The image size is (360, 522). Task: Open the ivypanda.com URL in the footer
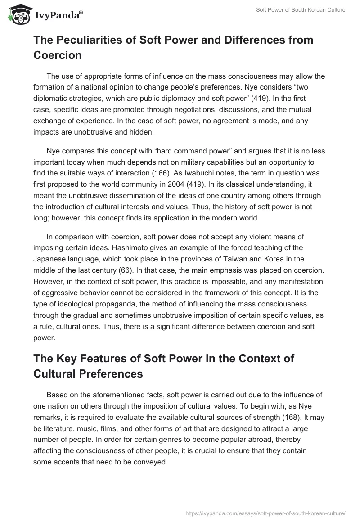click(x=265, y=513)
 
